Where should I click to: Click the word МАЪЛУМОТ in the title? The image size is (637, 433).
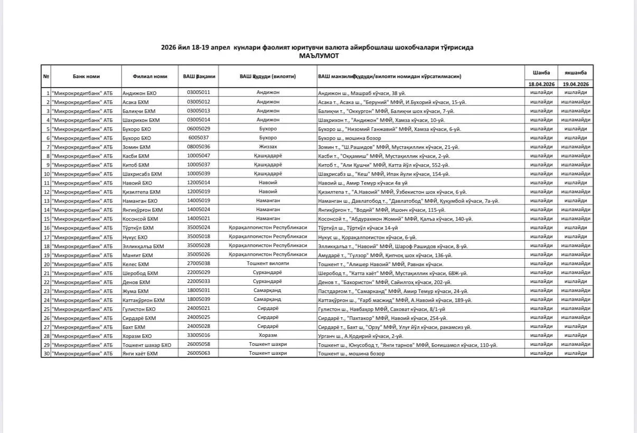318,55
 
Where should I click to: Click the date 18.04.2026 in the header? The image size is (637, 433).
541,84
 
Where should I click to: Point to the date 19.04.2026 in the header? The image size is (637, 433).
576,84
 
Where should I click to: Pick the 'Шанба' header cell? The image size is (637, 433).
541,73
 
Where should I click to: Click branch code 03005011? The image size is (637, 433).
198,92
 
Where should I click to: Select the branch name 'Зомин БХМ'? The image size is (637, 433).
136,147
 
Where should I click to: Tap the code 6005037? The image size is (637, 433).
198,138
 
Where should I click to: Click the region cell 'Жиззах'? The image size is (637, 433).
268,147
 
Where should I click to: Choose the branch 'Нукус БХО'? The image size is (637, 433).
135,237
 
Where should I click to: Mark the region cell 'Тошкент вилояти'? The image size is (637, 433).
268,263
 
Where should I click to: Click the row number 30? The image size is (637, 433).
46,353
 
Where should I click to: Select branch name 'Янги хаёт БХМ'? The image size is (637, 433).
140,353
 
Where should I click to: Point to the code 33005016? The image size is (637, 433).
198,335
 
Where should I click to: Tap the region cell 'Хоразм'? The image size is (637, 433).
268,335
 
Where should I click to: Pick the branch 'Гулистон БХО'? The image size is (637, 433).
139,308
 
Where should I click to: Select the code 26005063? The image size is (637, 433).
198,353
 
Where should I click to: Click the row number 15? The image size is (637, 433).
46,219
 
